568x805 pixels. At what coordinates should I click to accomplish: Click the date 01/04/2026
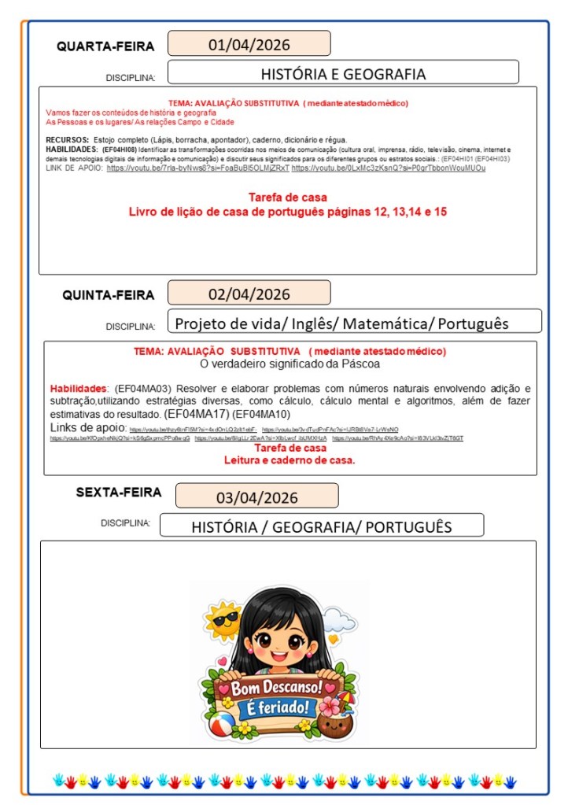tap(249, 44)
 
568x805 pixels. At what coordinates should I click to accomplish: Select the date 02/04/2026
tap(249, 295)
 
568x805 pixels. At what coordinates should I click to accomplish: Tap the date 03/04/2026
tap(256, 497)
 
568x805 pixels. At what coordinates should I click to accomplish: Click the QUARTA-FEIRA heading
tap(105, 46)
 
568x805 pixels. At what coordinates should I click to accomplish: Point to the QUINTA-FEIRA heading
tap(109, 296)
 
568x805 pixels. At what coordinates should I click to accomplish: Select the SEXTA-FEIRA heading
tap(119, 493)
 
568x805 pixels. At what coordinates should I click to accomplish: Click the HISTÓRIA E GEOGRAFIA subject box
tap(343, 74)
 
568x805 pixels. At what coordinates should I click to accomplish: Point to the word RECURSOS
tap(67, 139)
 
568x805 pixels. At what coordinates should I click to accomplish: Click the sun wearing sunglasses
tap(223, 621)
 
